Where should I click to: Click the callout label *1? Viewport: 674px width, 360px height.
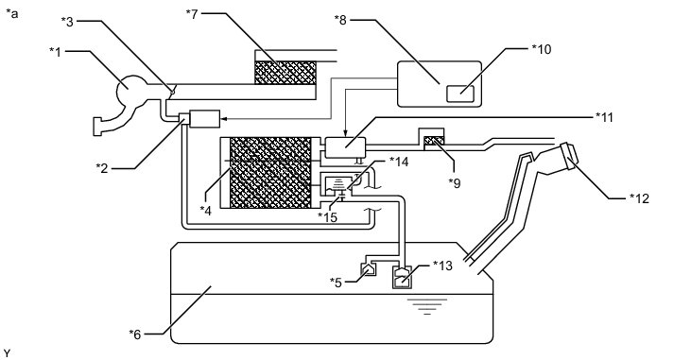click(x=56, y=52)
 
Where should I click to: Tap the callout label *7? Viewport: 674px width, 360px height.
click(x=193, y=13)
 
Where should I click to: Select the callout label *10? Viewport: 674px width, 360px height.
click(x=541, y=49)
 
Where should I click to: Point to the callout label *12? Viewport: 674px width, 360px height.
click(x=639, y=198)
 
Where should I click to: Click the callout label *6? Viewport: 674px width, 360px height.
click(x=135, y=334)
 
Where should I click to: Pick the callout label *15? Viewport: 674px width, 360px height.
click(x=327, y=217)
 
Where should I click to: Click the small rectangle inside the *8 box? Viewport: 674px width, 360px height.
click(x=460, y=94)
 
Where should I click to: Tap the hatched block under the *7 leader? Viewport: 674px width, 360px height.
click(x=285, y=73)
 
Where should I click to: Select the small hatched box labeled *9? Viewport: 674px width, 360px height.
click(x=434, y=141)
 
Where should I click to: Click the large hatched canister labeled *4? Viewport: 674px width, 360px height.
click(x=270, y=173)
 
